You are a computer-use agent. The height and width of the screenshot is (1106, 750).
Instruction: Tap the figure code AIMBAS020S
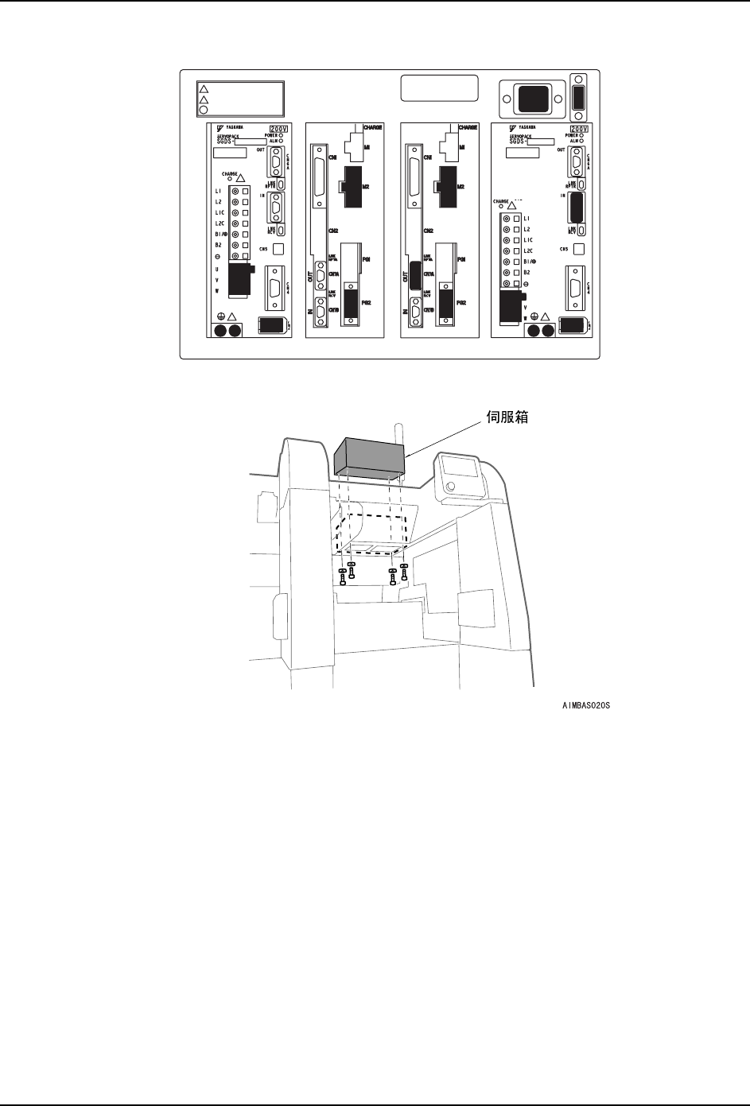coord(589,704)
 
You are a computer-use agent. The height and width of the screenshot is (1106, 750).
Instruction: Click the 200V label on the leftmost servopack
coord(278,129)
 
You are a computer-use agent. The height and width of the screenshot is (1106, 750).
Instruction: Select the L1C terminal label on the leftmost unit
coord(219,212)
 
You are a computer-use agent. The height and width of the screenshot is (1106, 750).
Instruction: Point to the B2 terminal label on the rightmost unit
coord(527,272)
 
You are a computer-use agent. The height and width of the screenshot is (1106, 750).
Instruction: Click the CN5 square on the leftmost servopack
coord(278,249)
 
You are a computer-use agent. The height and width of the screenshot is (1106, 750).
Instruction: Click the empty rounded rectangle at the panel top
coord(439,88)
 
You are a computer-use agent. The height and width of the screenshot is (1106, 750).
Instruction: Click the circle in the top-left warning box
coord(204,111)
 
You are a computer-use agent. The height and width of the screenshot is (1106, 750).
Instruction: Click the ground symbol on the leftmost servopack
coord(219,316)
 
